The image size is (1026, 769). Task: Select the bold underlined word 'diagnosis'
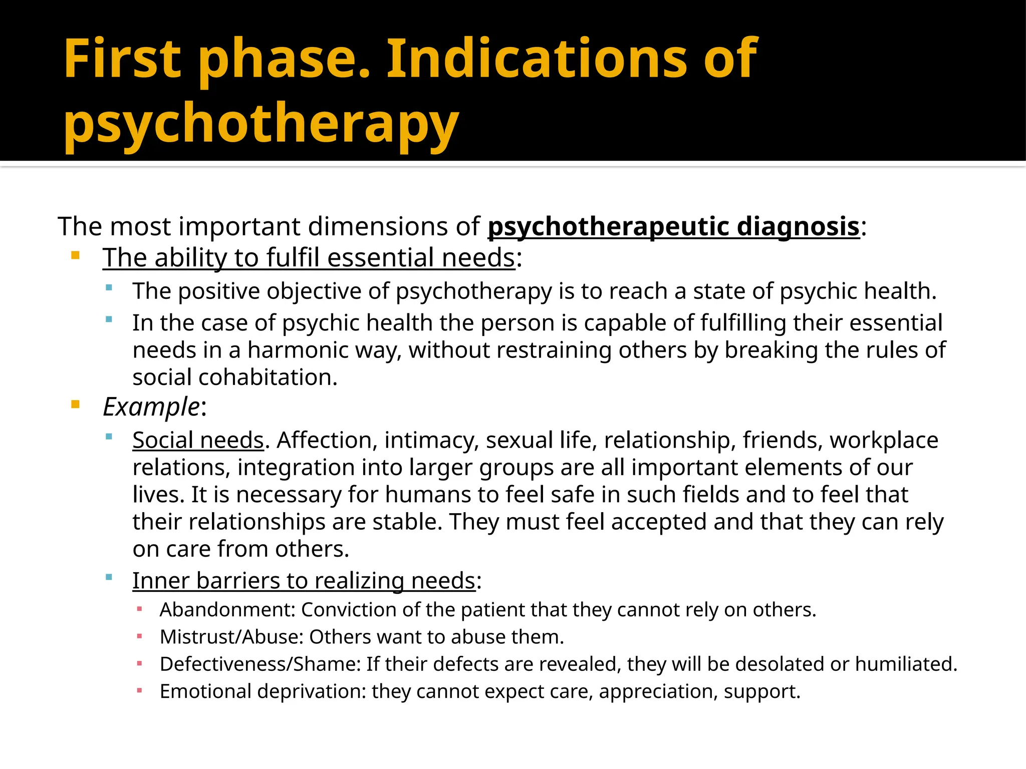click(798, 226)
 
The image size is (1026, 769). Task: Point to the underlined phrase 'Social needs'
click(198, 440)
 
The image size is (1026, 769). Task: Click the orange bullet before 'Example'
click(76, 405)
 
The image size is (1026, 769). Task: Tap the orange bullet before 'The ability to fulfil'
click(76, 256)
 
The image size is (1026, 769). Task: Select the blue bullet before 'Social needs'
click(109, 437)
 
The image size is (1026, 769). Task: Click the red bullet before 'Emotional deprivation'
click(139, 691)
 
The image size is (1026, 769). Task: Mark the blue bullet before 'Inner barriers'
click(109, 577)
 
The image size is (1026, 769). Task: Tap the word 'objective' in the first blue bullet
click(314, 291)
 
